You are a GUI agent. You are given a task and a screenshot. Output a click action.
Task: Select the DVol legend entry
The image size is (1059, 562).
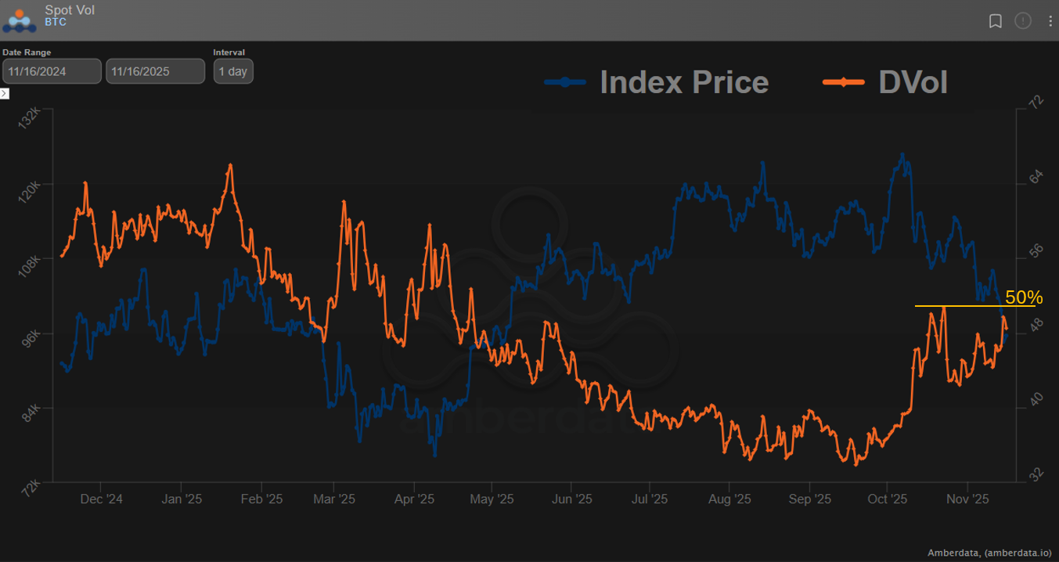886,81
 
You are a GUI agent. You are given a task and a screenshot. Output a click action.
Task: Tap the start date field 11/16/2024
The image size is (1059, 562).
52,71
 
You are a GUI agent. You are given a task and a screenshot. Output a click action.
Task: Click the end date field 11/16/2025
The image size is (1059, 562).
155,71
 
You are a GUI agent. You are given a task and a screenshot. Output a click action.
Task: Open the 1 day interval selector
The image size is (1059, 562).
232,71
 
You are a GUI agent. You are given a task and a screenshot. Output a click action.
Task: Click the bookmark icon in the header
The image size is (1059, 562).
996,21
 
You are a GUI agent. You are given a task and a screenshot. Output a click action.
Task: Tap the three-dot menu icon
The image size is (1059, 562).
1050,21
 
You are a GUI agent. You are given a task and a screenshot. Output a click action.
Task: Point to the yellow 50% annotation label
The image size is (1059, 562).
1024,297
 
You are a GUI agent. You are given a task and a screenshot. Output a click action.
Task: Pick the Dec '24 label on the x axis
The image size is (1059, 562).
102,499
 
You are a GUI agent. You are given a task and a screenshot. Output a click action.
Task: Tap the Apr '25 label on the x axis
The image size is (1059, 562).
414,499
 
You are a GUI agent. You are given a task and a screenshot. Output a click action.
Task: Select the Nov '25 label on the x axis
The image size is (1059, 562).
967,499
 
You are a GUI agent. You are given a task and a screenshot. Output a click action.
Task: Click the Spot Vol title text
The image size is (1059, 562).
70,10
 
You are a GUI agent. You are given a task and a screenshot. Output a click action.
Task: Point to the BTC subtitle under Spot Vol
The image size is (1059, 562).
56,23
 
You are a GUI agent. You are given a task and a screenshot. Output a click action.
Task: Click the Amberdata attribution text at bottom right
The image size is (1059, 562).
989,553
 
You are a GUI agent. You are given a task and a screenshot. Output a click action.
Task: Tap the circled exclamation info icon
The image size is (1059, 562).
1023,21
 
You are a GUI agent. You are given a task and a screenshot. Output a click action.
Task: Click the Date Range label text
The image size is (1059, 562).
27,52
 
